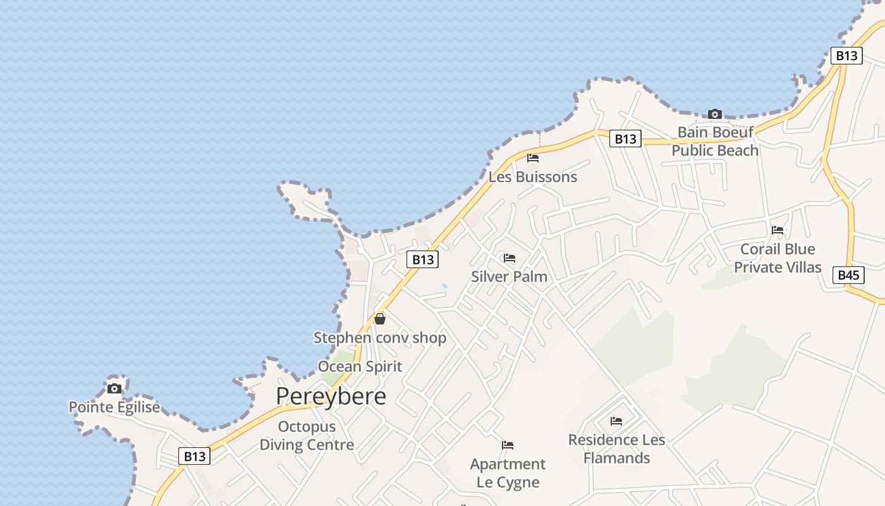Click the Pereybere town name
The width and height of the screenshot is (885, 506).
[x=331, y=397]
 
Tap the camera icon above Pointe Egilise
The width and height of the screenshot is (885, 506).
[x=114, y=388]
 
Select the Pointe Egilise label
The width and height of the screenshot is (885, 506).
[x=114, y=407]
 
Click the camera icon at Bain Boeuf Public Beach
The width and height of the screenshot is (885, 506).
[x=715, y=114]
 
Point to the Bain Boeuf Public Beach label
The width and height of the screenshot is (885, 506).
[x=715, y=141]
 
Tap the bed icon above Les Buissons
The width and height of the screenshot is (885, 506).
[x=533, y=158]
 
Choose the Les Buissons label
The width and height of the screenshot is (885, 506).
[x=533, y=176]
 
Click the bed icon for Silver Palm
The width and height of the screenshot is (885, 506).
[x=510, y=258]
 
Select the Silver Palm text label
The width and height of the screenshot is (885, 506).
[x=510, y=276]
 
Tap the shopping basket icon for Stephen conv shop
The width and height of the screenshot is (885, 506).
[x=380, y=319]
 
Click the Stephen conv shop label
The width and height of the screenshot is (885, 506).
[x=380, y=338]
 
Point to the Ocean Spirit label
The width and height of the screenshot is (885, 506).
[x=360, y=366]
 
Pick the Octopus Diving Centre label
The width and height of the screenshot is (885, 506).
[x=307, y=436]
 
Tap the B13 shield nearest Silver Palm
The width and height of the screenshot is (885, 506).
[x=423, y=259]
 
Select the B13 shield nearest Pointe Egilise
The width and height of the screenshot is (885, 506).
[x=194, y=456]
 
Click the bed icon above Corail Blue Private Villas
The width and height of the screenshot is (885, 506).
[x=778, y=230]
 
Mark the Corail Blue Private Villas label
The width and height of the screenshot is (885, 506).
[x=778, y=258]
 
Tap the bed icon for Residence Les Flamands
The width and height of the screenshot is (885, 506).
[x=616, y=421]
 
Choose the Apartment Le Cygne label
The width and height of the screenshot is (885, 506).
[x=508, y=473]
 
